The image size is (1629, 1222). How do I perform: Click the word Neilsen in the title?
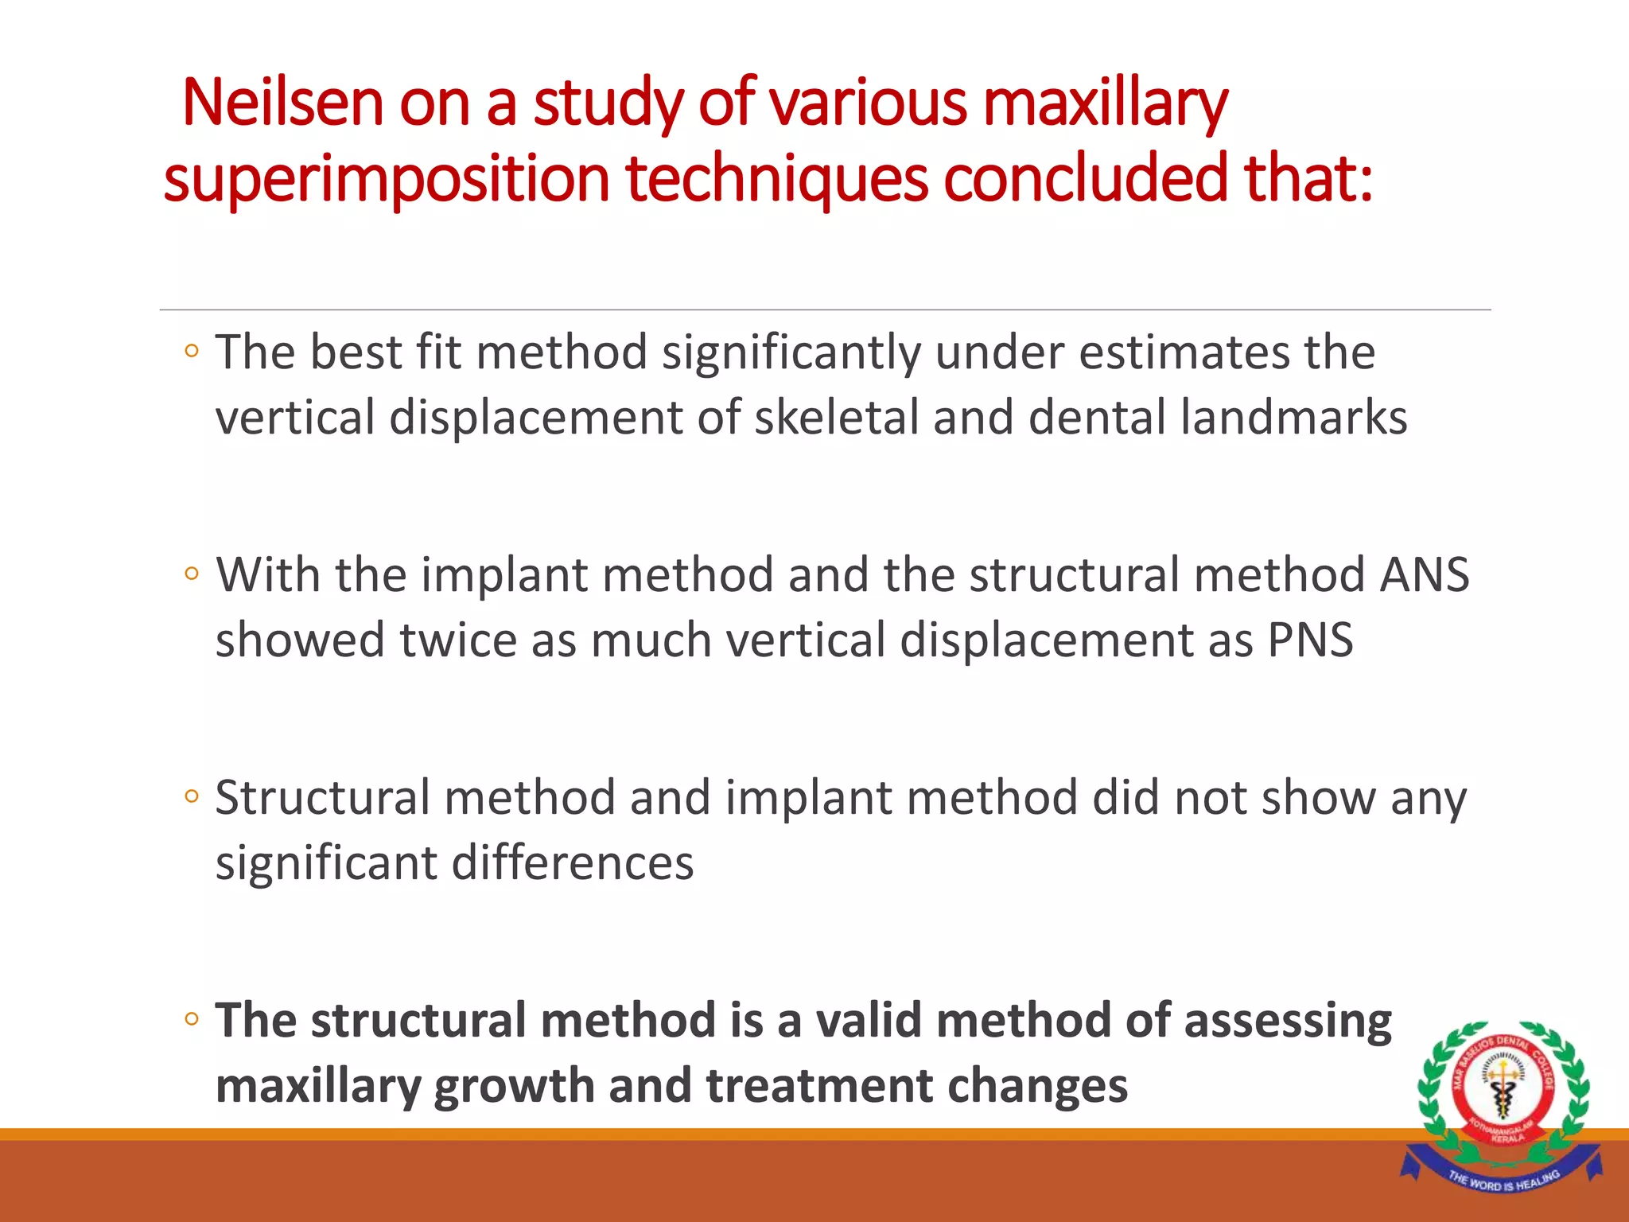click(283, 103)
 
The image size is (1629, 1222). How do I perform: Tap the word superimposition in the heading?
click(386, 179)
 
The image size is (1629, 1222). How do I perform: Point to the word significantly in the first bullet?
click(791, 353)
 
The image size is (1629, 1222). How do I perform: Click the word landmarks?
click(1293, 418)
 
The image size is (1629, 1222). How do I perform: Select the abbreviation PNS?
click(1310, 640)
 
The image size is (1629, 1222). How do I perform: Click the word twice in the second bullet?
click(457, 640)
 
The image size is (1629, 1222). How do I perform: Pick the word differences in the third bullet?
click(573, 863)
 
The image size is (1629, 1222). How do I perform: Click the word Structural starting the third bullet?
click(322, 798)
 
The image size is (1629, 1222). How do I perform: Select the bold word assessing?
click(1288, 1021)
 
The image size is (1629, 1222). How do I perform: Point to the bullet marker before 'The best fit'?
click(191, 351)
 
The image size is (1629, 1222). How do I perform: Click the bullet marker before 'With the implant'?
click(191, 574)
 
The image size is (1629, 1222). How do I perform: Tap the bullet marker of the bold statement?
click(191, 1019)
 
